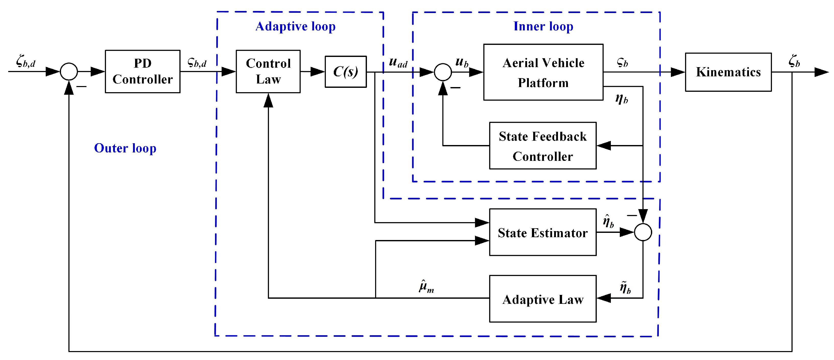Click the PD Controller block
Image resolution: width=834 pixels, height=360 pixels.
tap(142, 71)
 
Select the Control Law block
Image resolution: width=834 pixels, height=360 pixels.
tap(268, 71)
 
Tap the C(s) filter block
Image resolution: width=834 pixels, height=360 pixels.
tap(345, 71)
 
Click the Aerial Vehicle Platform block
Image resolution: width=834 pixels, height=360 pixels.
tap(543, 72)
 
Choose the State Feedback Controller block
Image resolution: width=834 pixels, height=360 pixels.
tap(543, 146)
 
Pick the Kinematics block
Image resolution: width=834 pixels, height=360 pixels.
tap(728, 72)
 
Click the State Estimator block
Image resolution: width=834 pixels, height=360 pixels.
tap(543, 232)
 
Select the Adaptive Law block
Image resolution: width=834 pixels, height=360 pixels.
tap(543, 299)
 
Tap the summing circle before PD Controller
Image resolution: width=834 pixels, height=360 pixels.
tap(69, 71)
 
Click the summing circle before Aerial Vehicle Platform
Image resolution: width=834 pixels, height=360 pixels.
tap(443, 72)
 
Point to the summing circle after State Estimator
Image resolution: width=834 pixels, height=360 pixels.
tap(643, 232)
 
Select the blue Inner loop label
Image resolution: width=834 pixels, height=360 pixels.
tap(543, 27)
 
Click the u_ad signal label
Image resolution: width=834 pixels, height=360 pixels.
tap(398, 62)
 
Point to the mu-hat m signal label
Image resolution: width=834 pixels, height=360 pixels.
tap(426, 286)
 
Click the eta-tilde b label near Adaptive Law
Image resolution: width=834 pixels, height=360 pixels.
tap(625, 287)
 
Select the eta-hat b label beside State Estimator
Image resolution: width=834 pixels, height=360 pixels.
tap(608, 221)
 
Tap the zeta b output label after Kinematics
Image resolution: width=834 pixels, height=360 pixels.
tap(794, 61)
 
